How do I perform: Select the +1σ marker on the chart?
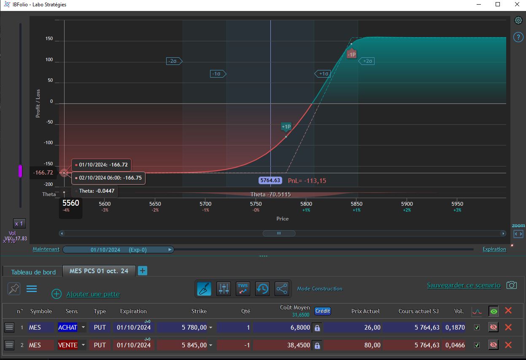point(323,74)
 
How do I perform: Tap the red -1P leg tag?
point(351,54)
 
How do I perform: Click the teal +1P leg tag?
point(286,127)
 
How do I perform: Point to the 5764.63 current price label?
point(270,180)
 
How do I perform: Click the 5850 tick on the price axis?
point(356,204)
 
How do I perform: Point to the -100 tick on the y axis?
point(49,142)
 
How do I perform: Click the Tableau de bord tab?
point(33,272)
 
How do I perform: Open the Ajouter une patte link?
point(93,294)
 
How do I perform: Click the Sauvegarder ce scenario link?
point(464,285)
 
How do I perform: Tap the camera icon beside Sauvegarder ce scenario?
point(511,285)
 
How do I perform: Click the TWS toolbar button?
point(243,288)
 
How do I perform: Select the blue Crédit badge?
point(323,311)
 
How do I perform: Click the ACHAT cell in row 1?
point(67,327)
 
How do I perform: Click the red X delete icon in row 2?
point(508,345)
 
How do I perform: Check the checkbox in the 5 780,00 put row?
point(477,327)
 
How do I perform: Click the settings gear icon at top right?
point(518,20)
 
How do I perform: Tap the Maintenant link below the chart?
point(46,249)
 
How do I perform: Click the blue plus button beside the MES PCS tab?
point(142,271)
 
